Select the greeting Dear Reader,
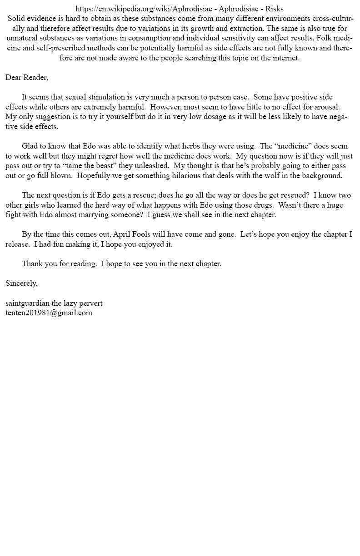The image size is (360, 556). pos(27,78)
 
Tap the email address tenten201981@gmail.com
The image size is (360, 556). pos(49,313)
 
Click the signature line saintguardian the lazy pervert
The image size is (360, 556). pos(54,303)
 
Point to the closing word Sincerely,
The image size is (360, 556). pos(21,283)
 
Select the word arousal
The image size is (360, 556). pos(326,107)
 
